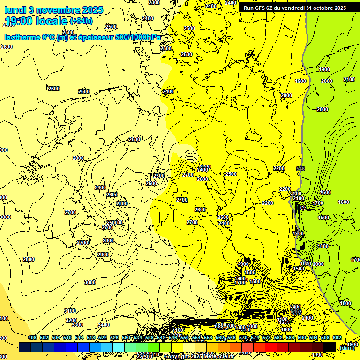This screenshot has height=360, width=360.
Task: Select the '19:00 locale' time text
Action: coord(36,21)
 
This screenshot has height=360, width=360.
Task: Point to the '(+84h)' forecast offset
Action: coord(82,21)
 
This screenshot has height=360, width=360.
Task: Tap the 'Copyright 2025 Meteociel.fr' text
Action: coord(199,356)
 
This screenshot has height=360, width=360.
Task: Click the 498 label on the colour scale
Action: coord(32,337)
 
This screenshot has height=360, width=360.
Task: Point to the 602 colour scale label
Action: coord(337,337)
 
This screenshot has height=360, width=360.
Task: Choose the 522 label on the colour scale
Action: coord(103,337)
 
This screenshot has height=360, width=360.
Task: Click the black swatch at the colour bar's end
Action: coord(330,347)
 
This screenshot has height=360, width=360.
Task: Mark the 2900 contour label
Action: coord(103,255)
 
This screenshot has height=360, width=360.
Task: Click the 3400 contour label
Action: coord(104,325)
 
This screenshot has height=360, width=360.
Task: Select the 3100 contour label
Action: coord(70,311)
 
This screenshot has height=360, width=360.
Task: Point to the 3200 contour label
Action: coord(71,320)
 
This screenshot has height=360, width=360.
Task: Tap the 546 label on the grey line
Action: coord(301,169)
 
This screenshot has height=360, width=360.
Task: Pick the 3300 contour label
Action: coord(77,325)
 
